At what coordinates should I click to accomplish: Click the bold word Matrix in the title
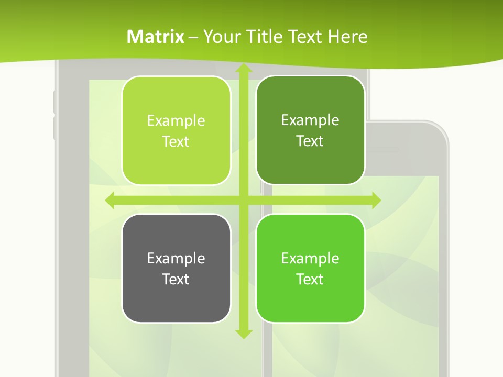pos(156,37)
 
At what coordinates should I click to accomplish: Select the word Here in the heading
pos(348,37)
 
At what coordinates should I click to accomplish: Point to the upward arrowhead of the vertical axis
pos(243,68)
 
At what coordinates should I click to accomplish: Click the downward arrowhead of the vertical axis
pos(243,333)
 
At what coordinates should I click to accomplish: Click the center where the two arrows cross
pos(243,200)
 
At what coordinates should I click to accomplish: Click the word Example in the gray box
pos(176,258)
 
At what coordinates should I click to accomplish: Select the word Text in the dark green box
pos(310,141)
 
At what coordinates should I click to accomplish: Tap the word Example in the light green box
pos(176,121)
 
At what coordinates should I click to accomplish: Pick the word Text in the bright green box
pos(310,279)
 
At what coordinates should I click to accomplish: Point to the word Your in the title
pos(216,37)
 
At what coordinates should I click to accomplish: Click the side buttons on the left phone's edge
pos(54,115)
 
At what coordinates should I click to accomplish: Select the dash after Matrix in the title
pos(193,37)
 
